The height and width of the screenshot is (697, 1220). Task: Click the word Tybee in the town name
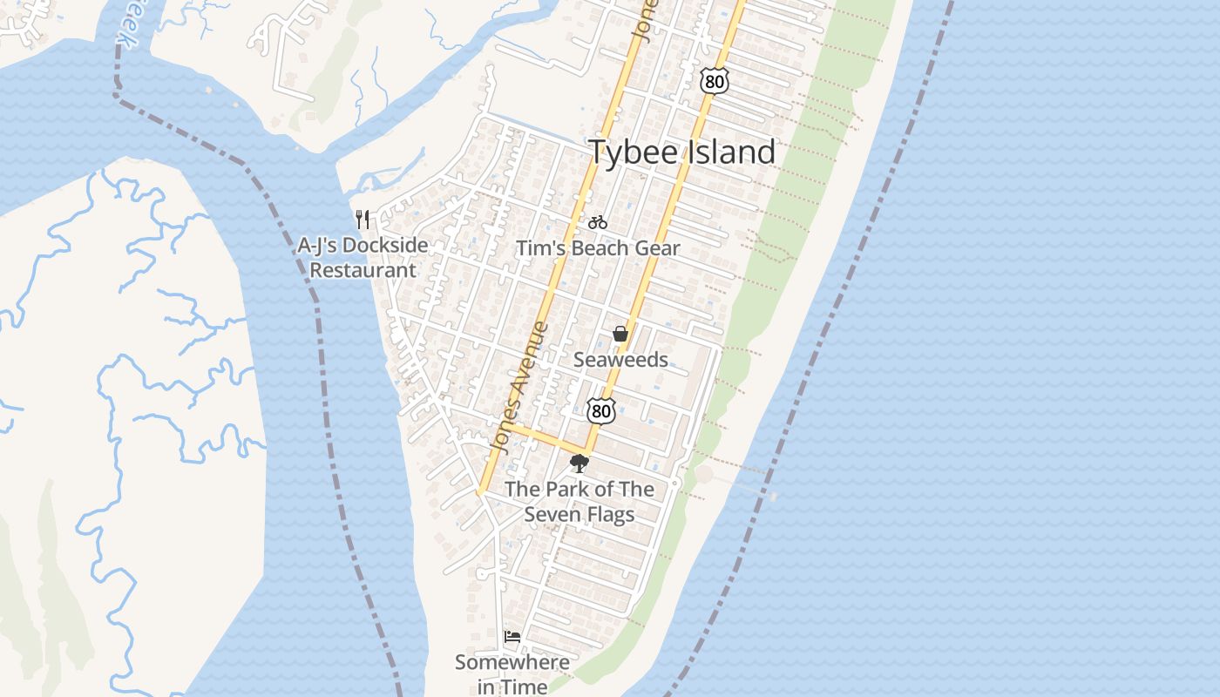coord(633,152)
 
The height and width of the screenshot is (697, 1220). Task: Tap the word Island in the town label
coord(729,152)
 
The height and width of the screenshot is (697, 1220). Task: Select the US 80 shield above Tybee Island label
coord(713,81)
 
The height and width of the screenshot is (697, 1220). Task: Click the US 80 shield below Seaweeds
coord(600,410)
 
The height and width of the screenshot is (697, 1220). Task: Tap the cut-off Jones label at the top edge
coord(642,19)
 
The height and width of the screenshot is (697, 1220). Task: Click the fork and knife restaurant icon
coord(363,219)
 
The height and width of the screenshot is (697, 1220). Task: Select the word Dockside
coord(386,246)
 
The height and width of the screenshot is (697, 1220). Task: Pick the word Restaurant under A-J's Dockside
coord(363,270)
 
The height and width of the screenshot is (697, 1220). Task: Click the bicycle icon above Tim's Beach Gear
coord(597,222)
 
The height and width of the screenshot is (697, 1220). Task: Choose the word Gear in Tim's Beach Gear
coord(658,248)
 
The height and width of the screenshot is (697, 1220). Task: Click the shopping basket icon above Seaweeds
coord(620,334)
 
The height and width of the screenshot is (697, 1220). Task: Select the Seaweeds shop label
coord(620,360)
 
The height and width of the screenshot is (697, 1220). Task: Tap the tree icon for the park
coord(579,464)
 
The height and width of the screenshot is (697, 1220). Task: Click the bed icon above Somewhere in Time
coord(512,637)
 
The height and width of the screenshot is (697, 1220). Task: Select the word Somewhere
coord(512,662)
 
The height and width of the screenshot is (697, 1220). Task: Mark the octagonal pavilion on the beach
coord(703,474)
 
